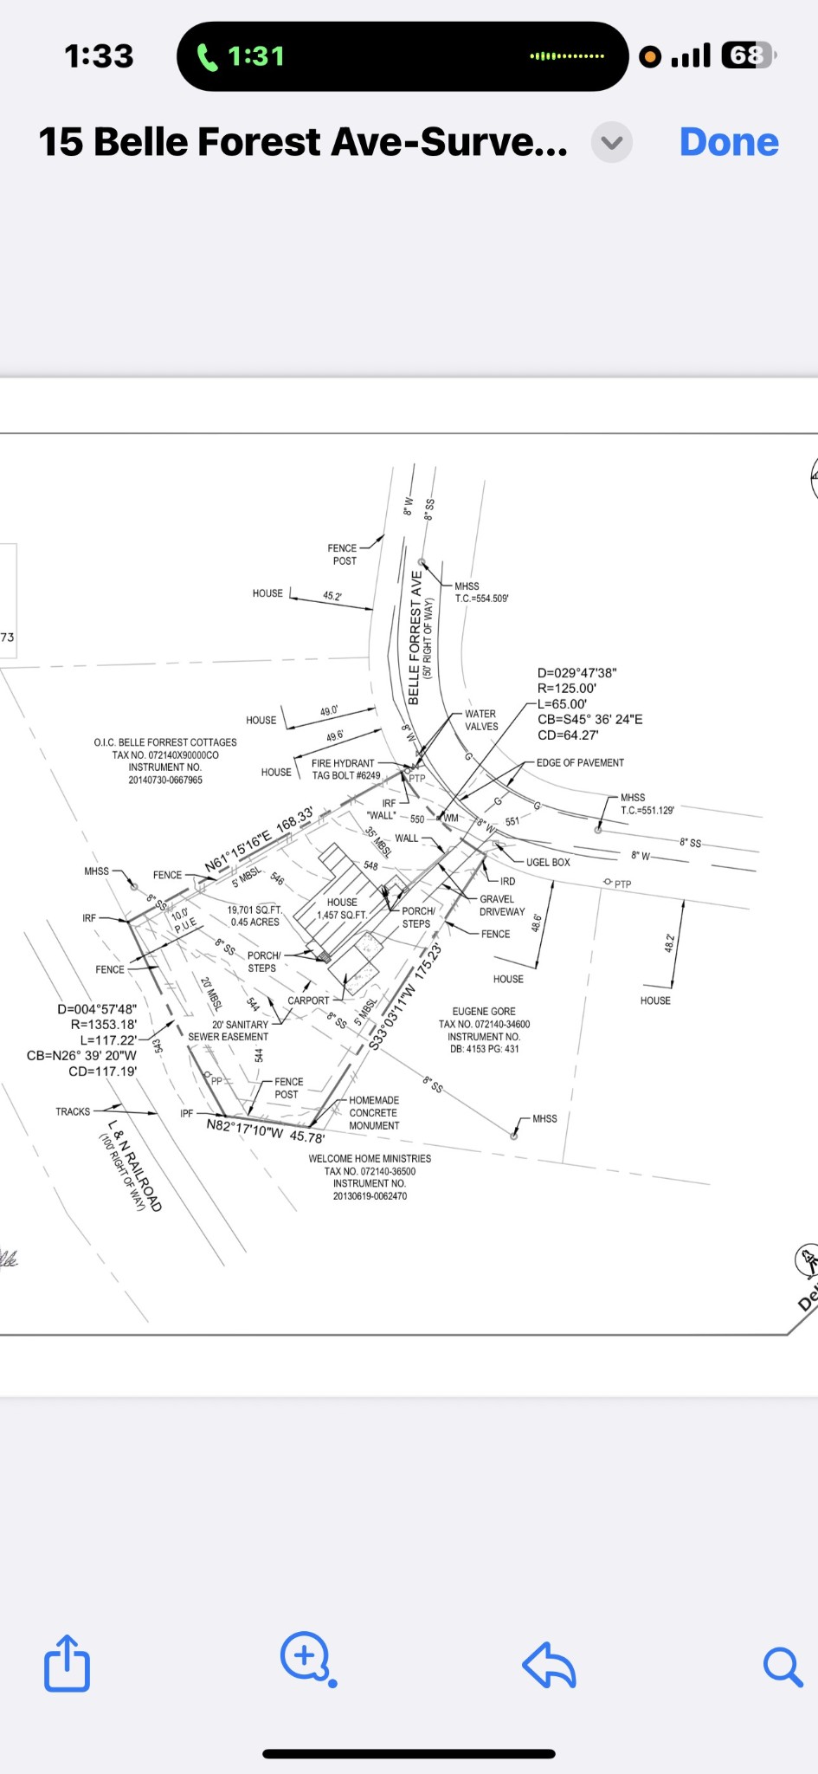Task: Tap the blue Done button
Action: coord(729,142)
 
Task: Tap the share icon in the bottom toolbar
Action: coord(67,1662)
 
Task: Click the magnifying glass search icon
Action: coord(782,1666)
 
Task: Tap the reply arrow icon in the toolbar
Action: coord(550,1665)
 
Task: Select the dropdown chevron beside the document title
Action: coord(612,142)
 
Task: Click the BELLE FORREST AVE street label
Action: coord(415,638)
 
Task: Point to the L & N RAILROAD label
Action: coord(134,1165)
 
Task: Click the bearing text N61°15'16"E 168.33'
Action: coord(259,840)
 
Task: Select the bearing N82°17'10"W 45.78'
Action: coord(266,1130)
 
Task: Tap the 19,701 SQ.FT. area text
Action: coord(255,910)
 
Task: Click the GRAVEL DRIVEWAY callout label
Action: coord(502,905)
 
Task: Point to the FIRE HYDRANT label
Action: coord(344,763)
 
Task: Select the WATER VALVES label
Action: coord(481,720)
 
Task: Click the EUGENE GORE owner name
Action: coord(484,1011)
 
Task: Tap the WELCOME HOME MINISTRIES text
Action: coord(370,1158)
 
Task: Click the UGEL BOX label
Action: coord(548,862)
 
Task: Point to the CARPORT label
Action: coord(308,1000)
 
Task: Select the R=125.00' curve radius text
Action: coord(567,689)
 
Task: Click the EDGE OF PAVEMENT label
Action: coord(580,762)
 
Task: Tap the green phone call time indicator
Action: coord(243,57)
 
